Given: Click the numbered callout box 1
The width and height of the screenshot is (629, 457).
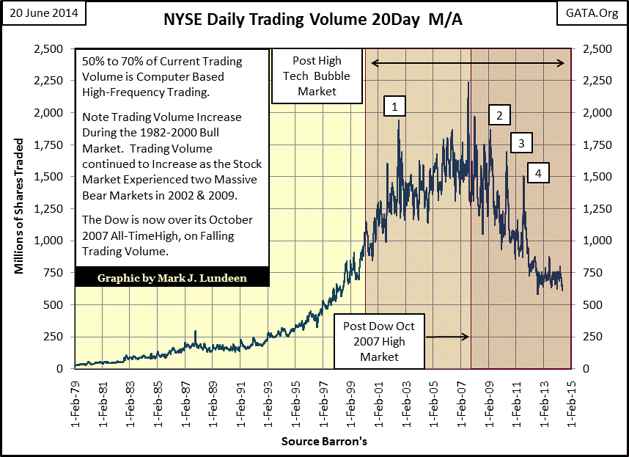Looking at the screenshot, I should click(394, 107).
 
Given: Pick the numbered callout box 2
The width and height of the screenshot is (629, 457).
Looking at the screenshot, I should click(499, 115).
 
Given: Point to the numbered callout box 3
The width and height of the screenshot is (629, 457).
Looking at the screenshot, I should click(521, 143).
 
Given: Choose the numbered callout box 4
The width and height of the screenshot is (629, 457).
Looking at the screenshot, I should click(538, 173).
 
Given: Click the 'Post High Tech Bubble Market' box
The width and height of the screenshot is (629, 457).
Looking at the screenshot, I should click(317, 76).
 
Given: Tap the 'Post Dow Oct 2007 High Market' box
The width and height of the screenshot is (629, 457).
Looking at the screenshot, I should click(377, 341).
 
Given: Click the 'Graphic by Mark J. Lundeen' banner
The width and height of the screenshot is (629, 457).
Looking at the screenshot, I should click(172, 277).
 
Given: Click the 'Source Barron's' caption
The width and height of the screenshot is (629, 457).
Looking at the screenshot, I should click(323, 442).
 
